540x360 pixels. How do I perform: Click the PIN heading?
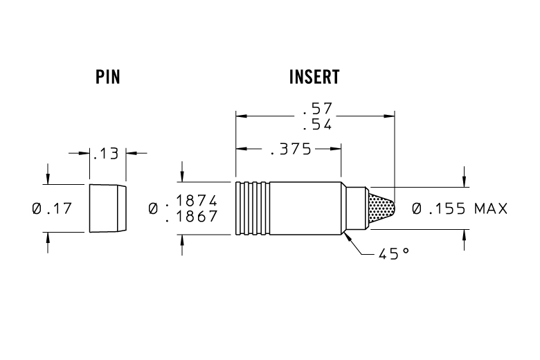107,77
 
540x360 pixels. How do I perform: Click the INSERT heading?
314,77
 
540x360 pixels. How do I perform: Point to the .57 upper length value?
317,109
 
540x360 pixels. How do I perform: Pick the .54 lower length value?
317,125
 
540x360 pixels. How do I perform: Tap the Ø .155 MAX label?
460,208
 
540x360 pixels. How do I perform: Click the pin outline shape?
107,208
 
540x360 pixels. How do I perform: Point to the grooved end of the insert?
252,208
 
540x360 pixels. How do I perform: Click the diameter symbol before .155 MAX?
417,208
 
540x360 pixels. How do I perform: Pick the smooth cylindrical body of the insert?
305,208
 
